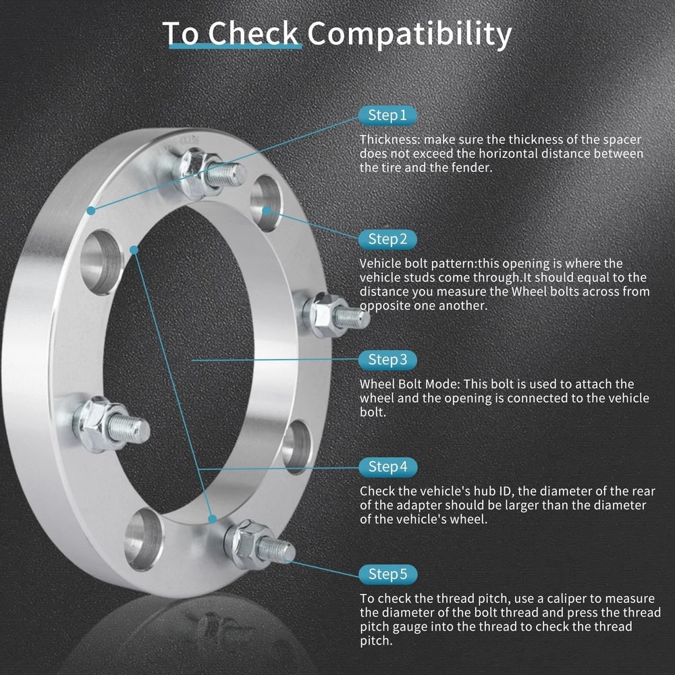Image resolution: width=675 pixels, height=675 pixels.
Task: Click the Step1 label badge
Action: pyautogui.click(x=387, y=115)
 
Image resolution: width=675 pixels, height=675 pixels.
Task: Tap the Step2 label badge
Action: pyautogui.click(x=387, y=239)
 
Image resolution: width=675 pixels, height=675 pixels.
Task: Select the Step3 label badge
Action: pyautogui.click(x=387, y=359)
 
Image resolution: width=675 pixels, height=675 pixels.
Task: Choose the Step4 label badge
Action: pyautogui.click(x=387, y=466)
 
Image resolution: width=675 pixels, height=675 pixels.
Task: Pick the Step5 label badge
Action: pyautogui.click(x=387, y=574)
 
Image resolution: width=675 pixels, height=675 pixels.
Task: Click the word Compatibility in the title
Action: pyautogui.click(x=410, y=34)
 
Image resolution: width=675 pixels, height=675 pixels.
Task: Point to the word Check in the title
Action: pyautogui.click(x=252, y=34)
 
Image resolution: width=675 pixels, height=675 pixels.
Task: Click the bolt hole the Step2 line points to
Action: pyautogui.click(x=266, y=203)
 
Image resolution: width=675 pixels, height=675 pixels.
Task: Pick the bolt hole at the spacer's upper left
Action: pyautogui.click(x=101, y=262)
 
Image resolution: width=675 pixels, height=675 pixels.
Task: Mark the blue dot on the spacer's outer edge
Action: pyautogui.click(x=90, y=211)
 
